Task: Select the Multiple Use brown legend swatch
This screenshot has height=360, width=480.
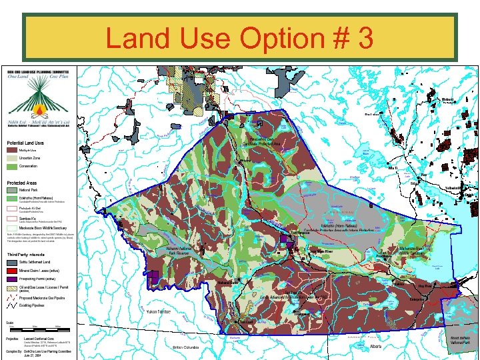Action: point(12,150)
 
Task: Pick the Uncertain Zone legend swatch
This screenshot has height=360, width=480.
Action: point(12,158)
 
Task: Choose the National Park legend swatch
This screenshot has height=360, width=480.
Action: point(12,190)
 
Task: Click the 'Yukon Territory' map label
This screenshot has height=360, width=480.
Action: point(160,311)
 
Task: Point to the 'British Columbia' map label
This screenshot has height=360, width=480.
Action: point(187,347)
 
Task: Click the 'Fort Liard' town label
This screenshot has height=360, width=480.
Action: point(246,322)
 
